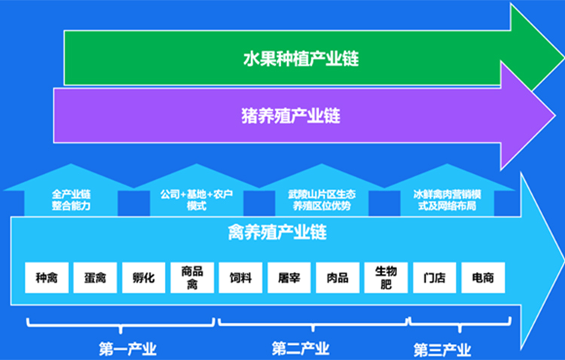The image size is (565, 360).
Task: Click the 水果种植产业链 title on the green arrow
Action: [x=301, y=59]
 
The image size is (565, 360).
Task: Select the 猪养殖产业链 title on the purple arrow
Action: [x=291, y=116]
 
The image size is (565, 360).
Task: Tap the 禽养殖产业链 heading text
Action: [x=277, y=233]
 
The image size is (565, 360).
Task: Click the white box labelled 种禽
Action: [x=47, y=277]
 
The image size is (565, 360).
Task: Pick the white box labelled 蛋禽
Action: [x=95, y=277]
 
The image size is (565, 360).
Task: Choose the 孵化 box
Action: [x=143, y=277]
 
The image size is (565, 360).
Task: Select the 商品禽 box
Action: [x=192, y=277]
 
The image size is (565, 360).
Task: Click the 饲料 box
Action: [x=240, y=277]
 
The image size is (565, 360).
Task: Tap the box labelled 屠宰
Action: [x=289, y=277]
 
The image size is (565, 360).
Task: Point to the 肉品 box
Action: [x=337, y=277]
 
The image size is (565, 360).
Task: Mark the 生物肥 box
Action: [x=386, y=277]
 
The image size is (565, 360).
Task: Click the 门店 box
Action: [x=435, y=277]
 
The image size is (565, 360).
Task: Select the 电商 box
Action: [x=483, y=277]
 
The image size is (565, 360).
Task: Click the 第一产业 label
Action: [x=127, y=349]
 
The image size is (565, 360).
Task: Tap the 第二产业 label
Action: [x=301, y=349]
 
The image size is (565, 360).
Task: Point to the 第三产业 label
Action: [x=442, y=350]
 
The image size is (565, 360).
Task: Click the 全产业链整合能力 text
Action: [x=71, y=200]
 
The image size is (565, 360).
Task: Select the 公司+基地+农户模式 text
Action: [x=197, y=200]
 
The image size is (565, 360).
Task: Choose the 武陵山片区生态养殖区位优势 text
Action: [x=322, y=200]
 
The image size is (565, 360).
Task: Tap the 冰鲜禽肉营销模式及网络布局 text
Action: [x=447, y=200]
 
